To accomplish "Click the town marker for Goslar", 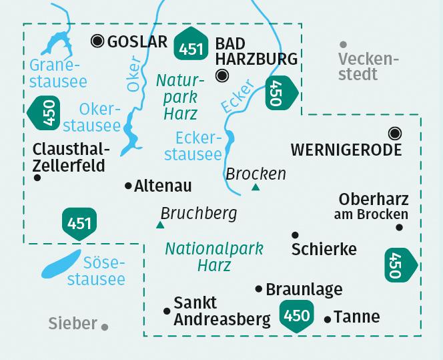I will pos(97,41).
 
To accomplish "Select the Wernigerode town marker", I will pos(395,133).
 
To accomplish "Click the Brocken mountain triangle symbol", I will pos(256,188).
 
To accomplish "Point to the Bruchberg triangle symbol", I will pos(159,225).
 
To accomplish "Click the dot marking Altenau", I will pos(128,186).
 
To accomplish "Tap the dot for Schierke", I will pos(295,235).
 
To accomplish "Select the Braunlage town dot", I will pos(259,289).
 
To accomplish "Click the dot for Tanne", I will pos(327,319).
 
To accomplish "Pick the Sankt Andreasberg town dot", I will pos(166,310).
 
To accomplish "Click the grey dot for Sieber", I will pos(105,327).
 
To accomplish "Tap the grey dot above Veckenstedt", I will pos(343,43).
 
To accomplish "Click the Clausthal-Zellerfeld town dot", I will pos(37,178).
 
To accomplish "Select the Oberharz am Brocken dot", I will pos(399,227).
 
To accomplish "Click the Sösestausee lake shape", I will pos(61,263).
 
